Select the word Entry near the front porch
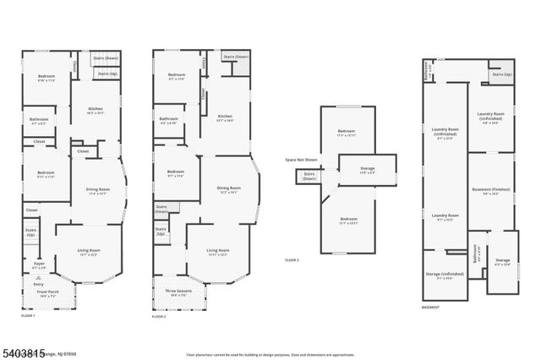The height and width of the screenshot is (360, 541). click(x=37, y=285)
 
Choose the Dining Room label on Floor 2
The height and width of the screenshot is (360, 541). click(x=227, y=189)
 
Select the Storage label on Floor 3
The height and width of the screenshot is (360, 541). click(x=367, y=170)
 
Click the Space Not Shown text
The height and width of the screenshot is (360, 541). click(x=301, y=160)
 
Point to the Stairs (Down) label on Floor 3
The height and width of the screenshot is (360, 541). click(x=309, y=177)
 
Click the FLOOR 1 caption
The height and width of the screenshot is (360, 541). click(x=29, y=315)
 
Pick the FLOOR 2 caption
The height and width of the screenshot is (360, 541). click(x=159, y=315)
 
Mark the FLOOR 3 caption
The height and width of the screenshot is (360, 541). click(x=292, y=260)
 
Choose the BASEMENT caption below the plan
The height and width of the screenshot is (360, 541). click(x=431, y=308)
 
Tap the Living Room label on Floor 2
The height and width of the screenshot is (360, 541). click(x=218, y=251)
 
